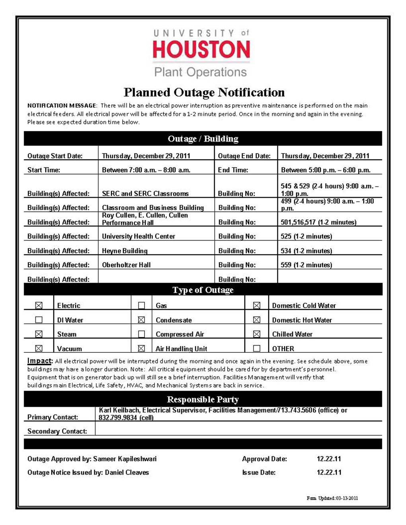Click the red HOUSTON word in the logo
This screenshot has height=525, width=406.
point(201,49)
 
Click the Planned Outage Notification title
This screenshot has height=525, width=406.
point(204,92)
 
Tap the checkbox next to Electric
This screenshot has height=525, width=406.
point(39,305)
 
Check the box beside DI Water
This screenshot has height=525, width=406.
point(39,320)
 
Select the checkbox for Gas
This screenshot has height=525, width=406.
point(141,305)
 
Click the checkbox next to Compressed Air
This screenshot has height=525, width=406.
point(141,334)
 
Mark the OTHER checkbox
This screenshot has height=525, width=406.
point(257,348)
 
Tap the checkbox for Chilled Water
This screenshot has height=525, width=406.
point(257,334)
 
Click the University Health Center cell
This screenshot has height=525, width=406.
point(139,236)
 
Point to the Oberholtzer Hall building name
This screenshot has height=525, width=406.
point(126,265)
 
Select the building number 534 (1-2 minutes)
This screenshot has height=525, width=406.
point(306,251)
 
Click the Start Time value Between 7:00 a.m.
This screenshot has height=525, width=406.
point(146,170)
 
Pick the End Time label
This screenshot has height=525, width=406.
point(233,170)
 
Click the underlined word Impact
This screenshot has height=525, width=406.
point(39,361)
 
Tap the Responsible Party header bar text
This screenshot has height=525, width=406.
point(203,399)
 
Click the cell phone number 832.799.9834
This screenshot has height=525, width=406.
point(118,418)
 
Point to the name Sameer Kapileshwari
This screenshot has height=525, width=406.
point(125,459)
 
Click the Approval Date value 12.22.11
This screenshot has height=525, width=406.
point(329,459)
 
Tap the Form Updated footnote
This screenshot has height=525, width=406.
point(332,498)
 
